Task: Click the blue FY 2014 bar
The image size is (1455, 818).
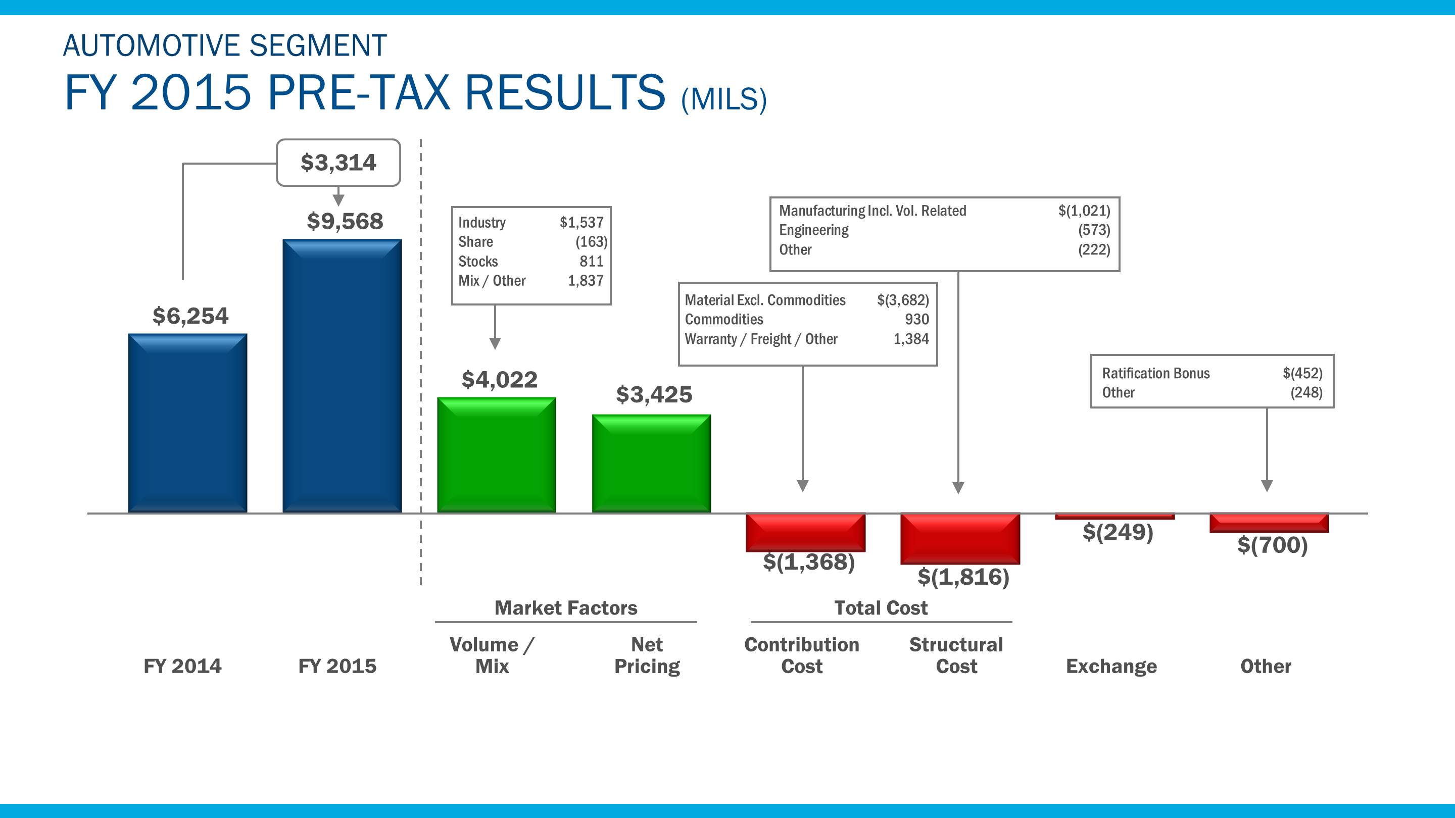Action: (187, 424)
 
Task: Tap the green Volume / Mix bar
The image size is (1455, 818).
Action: (497, 455)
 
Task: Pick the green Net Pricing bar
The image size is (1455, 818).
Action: (651, 464)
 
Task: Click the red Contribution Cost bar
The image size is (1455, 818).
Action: (805, 532)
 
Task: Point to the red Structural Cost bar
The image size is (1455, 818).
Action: (960, 538)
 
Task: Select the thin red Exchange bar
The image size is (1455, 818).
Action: (1114, 516)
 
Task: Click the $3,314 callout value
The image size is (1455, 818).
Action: (338, 163)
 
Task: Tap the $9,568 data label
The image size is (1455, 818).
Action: (345, 221)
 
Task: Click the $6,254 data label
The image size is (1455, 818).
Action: (190, 316)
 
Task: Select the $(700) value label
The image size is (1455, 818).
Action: (1272, 545)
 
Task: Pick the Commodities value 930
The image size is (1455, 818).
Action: (916, 320)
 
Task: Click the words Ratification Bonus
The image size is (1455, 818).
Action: (1155, 373)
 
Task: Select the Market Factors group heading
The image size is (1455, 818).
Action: (566, 608)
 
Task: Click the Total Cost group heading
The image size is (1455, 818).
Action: (881, 608)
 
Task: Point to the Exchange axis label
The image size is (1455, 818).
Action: (1111, 667)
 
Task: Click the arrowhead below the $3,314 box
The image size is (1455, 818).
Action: (338, 200)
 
